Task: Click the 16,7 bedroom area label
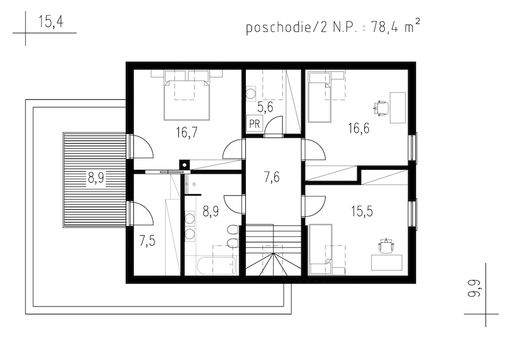click(187, 133)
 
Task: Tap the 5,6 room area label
click(265, 107)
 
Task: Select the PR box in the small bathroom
click(254, 124)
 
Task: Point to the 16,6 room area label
click(359, 128)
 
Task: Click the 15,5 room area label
click(362, 211)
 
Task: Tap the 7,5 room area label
click(147, 241)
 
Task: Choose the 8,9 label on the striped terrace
click(96, 178)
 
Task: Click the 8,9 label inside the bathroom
click(211, 211)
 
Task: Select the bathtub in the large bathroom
click(216, 266)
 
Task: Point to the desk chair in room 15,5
click(386, 246)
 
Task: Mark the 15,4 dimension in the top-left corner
click(51, 22)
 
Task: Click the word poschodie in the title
click(277, 28)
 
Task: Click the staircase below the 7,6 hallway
click(273, 250)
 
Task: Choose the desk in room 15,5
click(387, 263)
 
